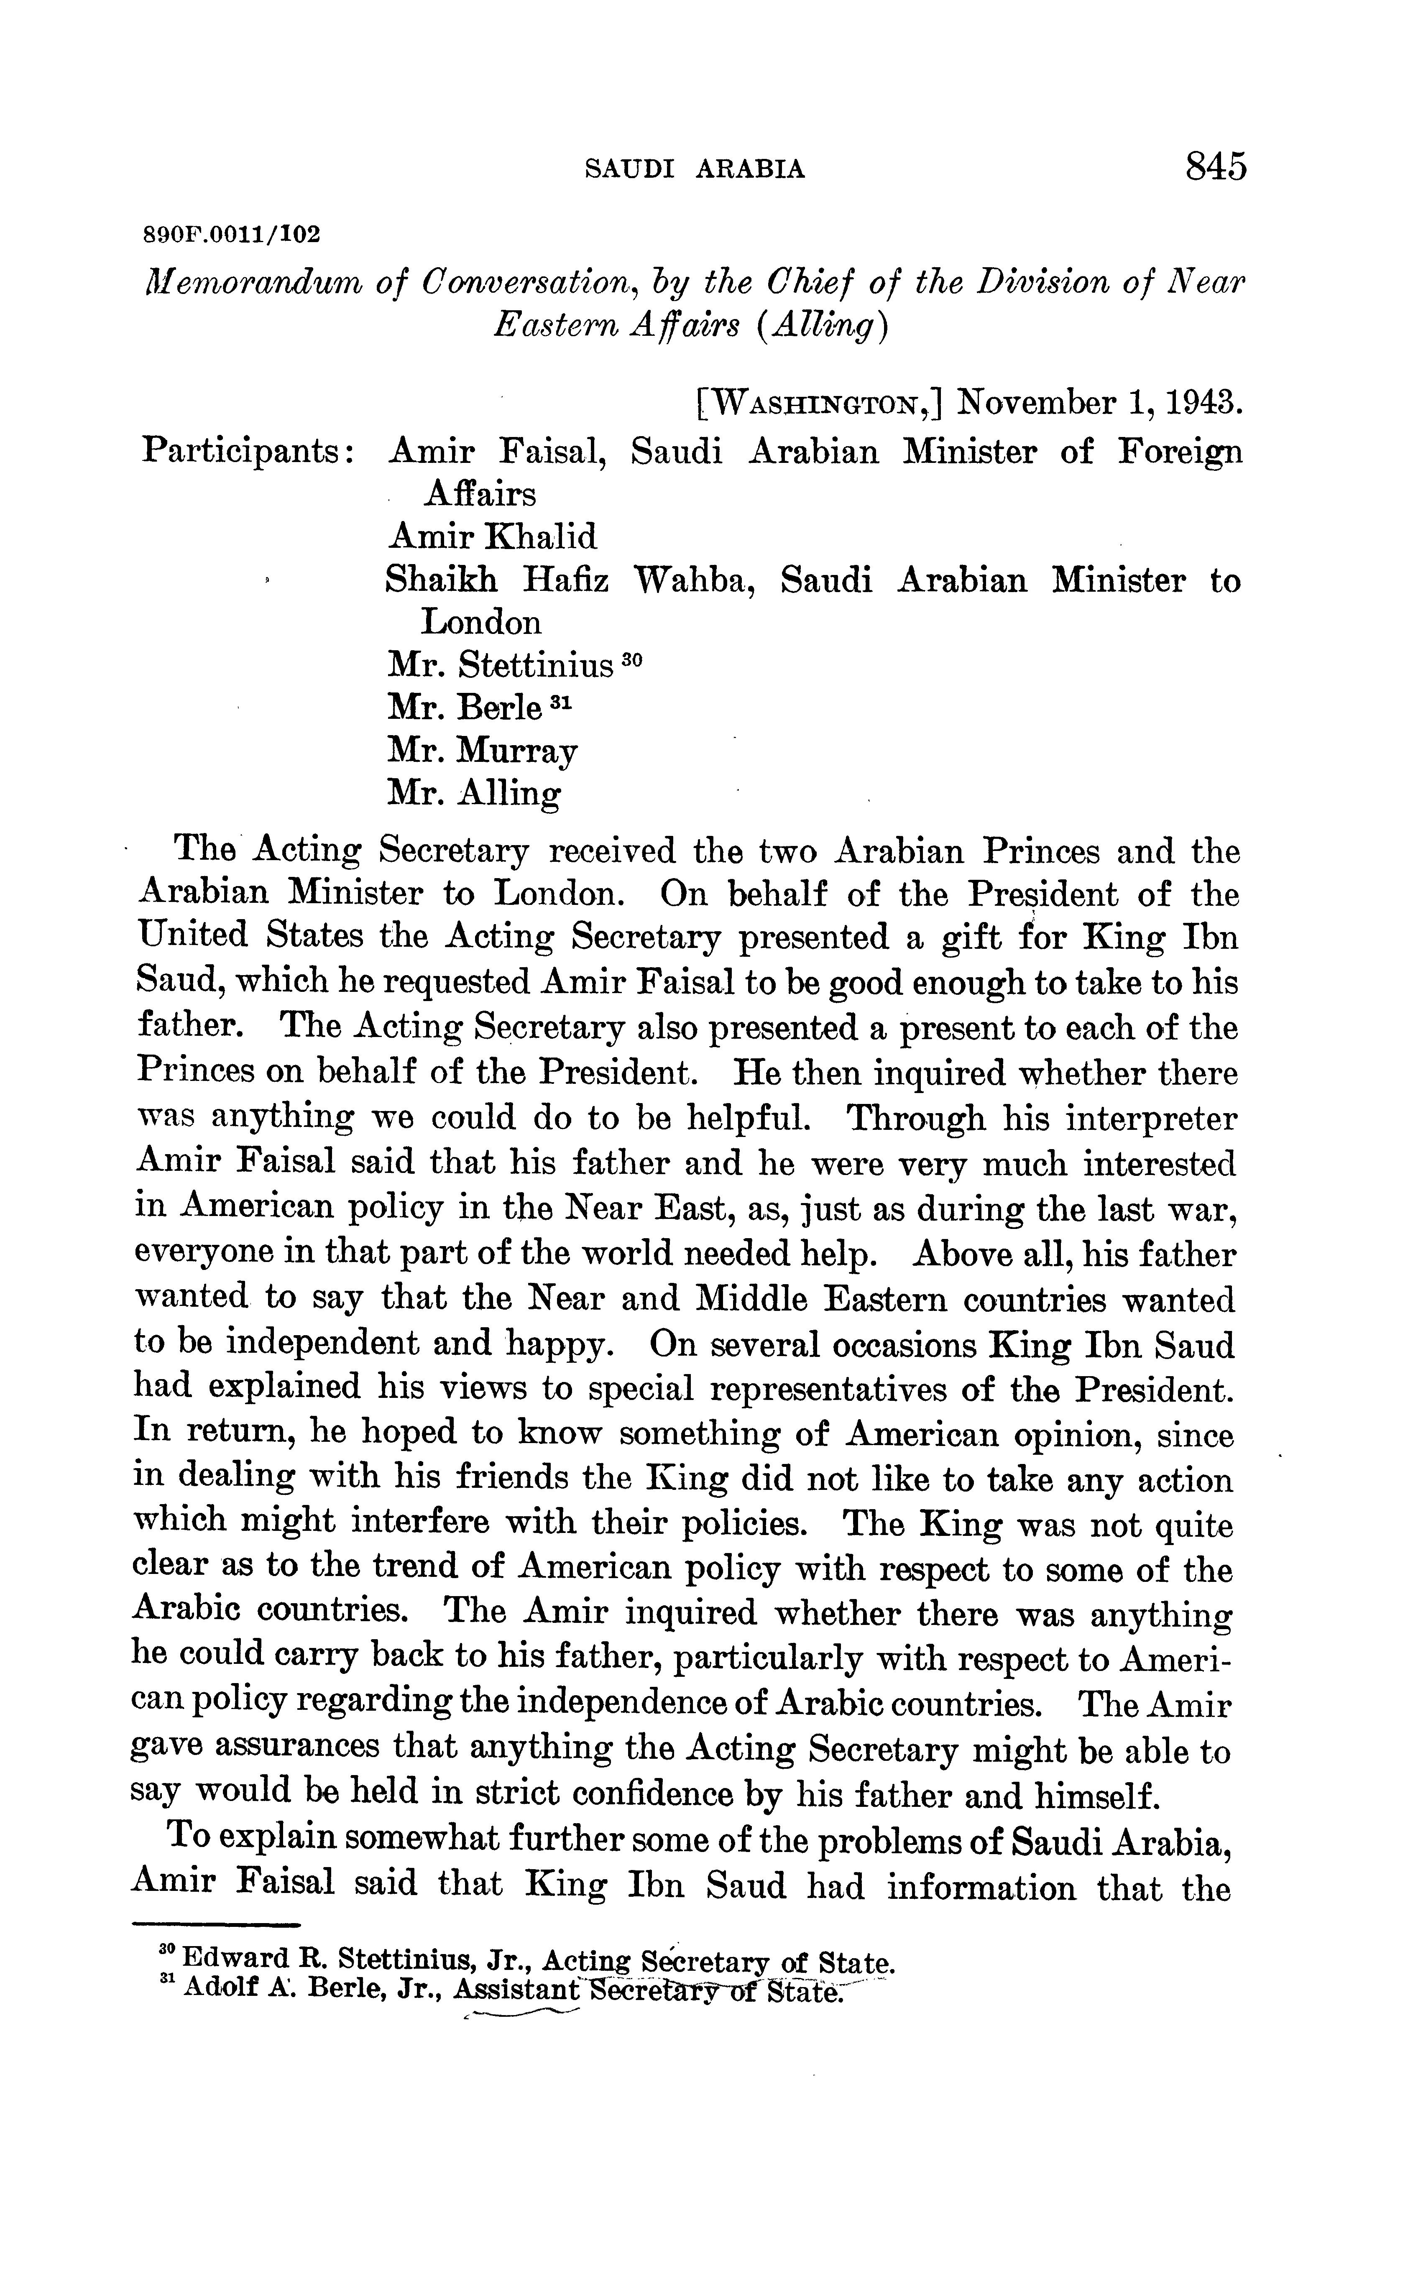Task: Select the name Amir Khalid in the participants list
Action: (x=491, y=536)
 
